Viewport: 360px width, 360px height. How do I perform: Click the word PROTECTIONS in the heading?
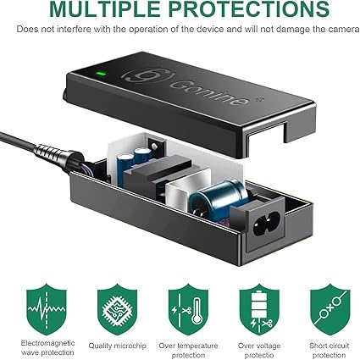coord(250,9)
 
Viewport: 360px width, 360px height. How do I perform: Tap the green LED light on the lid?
coord(101,75)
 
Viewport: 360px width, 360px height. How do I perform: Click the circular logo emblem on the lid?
coord(147,75)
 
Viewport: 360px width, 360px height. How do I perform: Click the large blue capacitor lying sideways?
coord(218,197)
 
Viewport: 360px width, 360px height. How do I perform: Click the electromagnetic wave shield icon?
coord(47,309)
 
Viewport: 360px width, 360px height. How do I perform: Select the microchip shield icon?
coord(117,309)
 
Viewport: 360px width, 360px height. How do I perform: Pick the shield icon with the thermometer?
coord(188,309)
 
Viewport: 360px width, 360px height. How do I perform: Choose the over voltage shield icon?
coord(259,309)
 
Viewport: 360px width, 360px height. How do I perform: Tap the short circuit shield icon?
coord(330,309)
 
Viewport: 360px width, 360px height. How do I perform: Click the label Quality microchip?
coord(118,346)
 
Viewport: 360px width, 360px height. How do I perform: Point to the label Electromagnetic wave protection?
coord(47,347)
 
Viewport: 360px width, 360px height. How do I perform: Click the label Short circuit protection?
coord(330,350)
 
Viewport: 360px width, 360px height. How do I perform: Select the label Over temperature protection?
coord(188,350)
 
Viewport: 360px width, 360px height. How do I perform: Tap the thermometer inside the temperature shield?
coord(197,311)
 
